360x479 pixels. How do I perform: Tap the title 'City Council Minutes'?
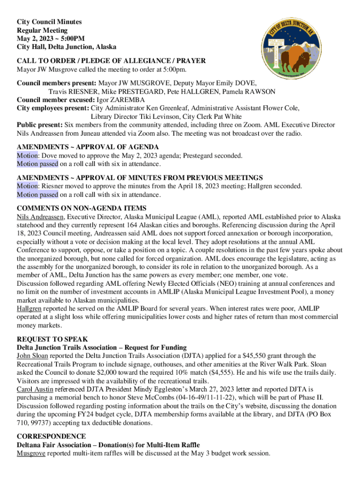click(49, 22)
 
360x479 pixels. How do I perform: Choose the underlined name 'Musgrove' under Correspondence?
click(31, 454)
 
